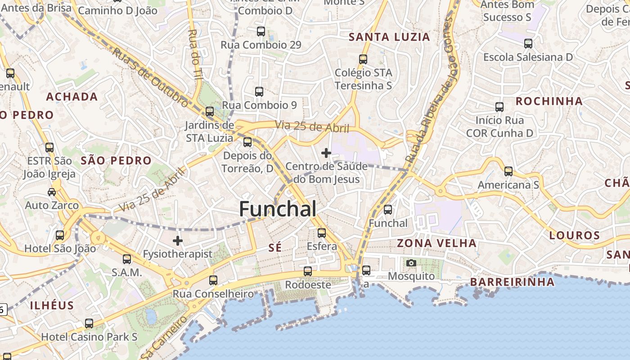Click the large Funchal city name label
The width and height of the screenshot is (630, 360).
click(277, 209)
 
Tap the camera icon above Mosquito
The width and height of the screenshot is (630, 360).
click(411, 263)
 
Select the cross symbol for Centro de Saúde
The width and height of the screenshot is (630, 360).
click(326, 153)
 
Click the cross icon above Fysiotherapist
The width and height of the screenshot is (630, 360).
click(178, 241)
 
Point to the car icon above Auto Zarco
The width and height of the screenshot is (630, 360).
click(52, 192)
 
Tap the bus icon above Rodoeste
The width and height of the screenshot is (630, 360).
click(308, 271)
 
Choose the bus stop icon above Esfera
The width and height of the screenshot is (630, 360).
click(322, 233)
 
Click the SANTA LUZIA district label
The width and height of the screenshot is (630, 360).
click(389, 37)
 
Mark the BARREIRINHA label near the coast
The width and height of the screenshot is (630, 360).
click(512, 282)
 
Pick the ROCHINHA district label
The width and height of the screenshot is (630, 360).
click(549, 101)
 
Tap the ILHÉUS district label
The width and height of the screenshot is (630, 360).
click(52, 306)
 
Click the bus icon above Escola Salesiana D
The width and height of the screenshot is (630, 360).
click(528, 44)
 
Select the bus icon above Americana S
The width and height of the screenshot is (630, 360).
click(508, 171)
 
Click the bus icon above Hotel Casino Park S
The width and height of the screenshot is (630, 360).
click(89, 324)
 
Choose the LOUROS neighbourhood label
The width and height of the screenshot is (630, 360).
click(575, 235)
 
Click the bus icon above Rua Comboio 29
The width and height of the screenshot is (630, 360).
click(261, 31)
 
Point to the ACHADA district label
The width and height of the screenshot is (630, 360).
click(72, 97)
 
